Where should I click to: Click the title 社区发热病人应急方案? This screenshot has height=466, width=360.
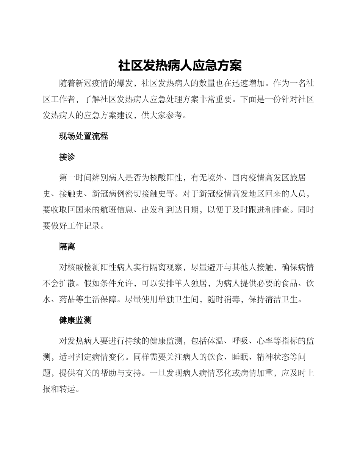pyautogui.click(x=180, y=66)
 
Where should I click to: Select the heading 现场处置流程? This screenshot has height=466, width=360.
pyautogui.click(x=83, y=136)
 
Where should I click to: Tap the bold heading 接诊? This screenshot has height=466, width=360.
pyautogui.click(x=67, y=157)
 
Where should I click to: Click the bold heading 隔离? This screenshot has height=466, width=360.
pyautogui.click(x=67, y=247)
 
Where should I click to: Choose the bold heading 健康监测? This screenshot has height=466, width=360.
pyautogui.click(x=75, y=320)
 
